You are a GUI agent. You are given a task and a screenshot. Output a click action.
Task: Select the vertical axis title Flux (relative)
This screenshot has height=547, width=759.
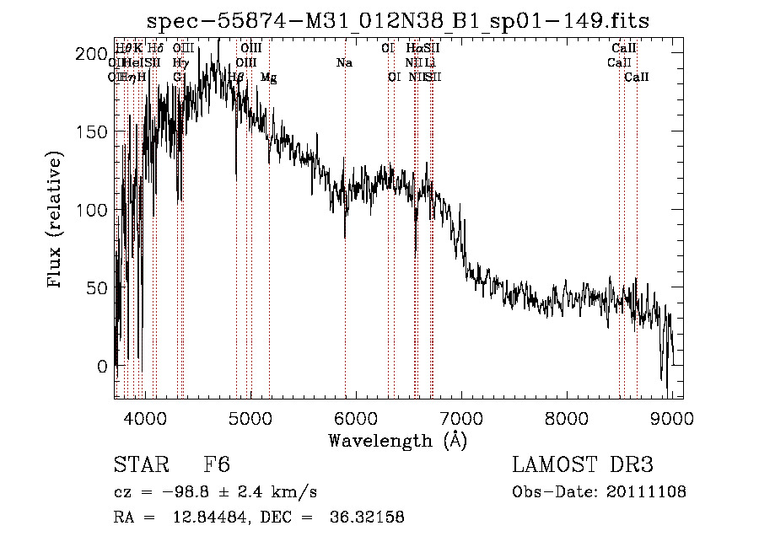click(x=57, y=220)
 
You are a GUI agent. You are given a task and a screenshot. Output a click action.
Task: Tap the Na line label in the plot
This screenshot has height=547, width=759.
click(x=344, y=62)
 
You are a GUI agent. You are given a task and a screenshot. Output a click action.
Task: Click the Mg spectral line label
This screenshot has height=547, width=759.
click(x=268, y=78)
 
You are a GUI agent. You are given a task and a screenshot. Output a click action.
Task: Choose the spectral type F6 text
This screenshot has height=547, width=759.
click(x=217, y=465)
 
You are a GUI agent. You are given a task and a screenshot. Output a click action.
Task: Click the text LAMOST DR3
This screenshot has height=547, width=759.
click(x=582, y=465)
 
